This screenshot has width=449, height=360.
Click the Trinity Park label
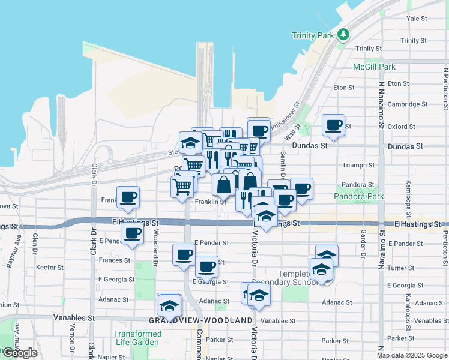[312, 35]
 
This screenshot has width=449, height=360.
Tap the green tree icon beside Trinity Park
[343, 34]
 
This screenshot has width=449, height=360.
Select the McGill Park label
[374, 67]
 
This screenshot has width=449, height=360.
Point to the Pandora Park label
[358, 196]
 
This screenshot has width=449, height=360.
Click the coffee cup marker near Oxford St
[333, 125]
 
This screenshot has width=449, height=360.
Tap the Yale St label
[416, 19]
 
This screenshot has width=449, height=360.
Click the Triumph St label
[358, 165]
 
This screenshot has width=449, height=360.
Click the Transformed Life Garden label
[137, 338]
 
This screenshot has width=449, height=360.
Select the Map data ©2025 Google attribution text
[412, 355]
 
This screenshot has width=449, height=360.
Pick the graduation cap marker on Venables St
[170, 306]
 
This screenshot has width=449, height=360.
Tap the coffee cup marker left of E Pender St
[132, 233]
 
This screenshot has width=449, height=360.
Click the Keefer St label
[49, 267]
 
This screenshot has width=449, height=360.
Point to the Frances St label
[115, 260]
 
